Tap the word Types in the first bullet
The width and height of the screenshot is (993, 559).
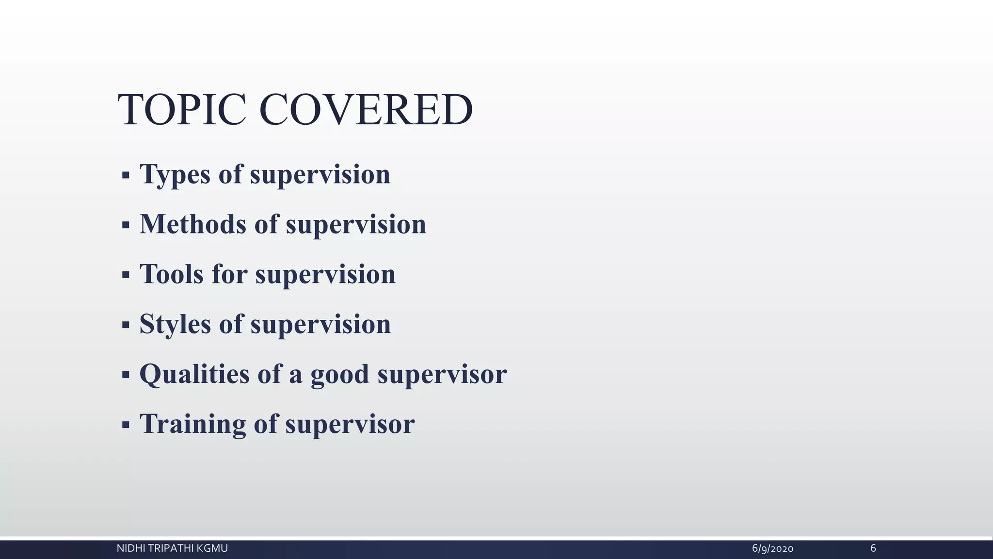coord(175,175)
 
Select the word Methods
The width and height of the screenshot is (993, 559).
coord(192,224)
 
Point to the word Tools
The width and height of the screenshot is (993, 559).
coord(172,274)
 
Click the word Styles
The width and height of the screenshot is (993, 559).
coord(175,324)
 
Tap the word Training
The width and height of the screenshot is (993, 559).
coord(192,424)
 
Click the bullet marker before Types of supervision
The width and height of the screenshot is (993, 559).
coord(126,175)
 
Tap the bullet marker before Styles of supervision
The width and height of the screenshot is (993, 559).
coord(126,325)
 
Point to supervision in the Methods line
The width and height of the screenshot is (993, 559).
coord(356,225)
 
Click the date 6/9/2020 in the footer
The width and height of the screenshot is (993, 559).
coord(772,549)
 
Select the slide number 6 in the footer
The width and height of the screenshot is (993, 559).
coord(873,548)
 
